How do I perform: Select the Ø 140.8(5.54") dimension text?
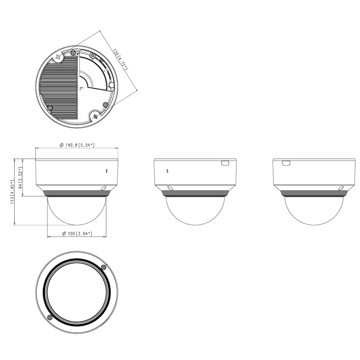pos(77,145)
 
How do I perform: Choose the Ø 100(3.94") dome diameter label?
pos(77,234)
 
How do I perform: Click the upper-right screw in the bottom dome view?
pos(104,267)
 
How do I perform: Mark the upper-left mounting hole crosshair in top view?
pos(58,57)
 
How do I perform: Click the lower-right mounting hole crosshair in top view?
pos(95,117)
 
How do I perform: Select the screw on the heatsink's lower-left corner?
pos(50,108)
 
